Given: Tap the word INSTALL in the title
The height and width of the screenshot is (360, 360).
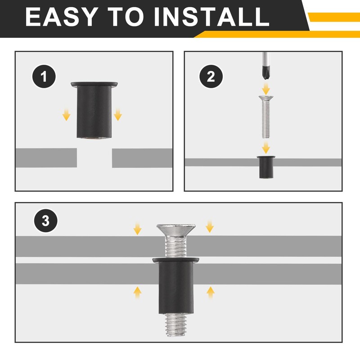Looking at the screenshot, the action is coord(211,17).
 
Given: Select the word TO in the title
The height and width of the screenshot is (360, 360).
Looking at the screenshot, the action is coord(126,17).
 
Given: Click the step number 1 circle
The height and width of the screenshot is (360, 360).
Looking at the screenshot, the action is coord(44,76).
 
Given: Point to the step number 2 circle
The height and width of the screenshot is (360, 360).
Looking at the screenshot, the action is coord(211,76).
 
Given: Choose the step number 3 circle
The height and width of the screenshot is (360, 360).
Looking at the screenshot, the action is coord(46,220).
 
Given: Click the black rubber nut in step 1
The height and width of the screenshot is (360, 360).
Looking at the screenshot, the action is coord(94,110).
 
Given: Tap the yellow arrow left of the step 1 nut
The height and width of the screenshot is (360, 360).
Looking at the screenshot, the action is coord(66,115).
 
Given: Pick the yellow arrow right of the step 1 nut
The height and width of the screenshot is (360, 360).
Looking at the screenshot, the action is coord(118,115).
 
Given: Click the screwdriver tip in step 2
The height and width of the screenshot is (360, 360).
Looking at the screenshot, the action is coord(265,73).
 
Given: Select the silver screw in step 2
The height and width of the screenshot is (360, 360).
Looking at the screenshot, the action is coord(266,117).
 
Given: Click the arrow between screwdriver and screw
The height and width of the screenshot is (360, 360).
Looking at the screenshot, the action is coord(266,89).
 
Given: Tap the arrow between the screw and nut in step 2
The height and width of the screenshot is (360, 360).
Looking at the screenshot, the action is coord(266,148).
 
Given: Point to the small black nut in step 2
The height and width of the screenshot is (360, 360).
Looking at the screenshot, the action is coord(266,167).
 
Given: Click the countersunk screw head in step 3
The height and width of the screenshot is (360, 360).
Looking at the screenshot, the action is coord(176,230).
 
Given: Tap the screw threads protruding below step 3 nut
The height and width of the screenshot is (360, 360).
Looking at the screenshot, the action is coord(176,325).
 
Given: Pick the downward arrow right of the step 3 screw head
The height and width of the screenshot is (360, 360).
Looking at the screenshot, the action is coord(210,226).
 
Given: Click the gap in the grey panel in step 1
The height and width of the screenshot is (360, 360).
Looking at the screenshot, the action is coord(94,158).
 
